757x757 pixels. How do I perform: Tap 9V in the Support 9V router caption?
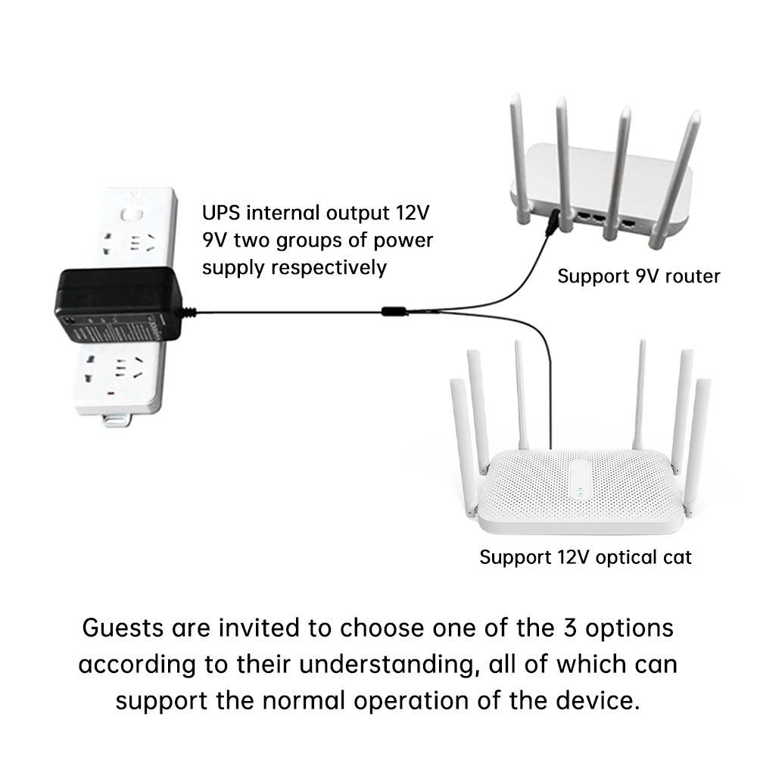pos(633,276)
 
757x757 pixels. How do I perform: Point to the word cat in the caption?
pos(676,558)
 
